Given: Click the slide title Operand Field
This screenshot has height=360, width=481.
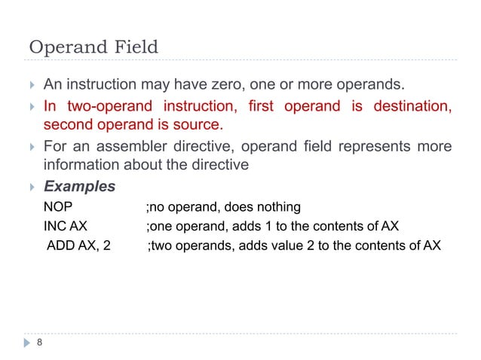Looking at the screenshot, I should (93, 47).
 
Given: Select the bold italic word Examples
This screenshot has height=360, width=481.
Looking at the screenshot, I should (79, 186).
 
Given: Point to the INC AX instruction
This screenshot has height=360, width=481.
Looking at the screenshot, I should (65, 226).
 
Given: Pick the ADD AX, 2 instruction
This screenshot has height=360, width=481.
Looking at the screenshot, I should (78, 246).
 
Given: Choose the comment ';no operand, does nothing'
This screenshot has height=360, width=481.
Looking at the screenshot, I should (223, 207).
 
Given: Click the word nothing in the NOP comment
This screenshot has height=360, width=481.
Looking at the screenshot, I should (278, 207).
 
